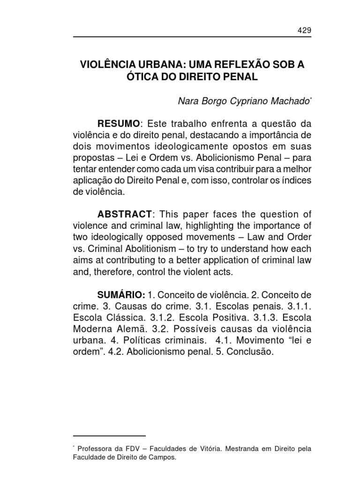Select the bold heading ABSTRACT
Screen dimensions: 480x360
(x=124, y=214)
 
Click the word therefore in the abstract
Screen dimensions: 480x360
(x=109, y=271)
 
